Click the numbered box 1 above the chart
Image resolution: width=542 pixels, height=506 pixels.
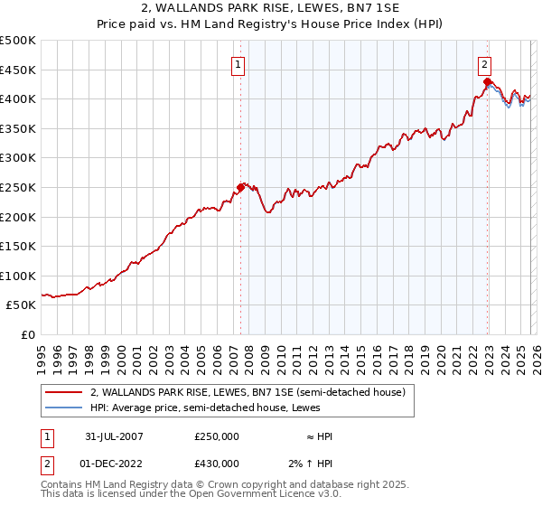coord(237,64)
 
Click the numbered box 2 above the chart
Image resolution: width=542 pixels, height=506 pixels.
coord(485,64)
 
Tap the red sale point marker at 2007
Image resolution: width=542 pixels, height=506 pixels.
coord(241,188)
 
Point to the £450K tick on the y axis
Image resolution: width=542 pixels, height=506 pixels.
coord(17,70)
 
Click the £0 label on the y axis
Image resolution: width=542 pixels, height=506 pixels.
coord(27,334)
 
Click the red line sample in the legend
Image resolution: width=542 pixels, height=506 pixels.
coord(64,392)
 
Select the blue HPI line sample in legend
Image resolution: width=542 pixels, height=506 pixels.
coord(64,408)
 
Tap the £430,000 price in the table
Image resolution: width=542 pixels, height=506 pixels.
coord(217,464)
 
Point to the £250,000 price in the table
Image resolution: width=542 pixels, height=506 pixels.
coord(217,436)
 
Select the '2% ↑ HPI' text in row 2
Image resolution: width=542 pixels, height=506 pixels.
coord(313,464)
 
